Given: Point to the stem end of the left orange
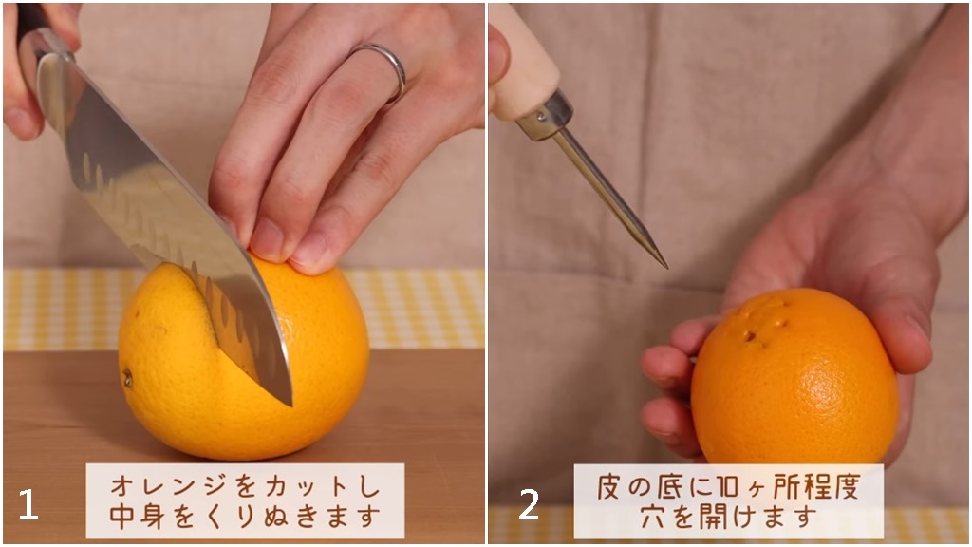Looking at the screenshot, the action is point(128,378).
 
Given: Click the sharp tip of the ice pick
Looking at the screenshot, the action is point(666,267).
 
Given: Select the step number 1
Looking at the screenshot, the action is point(28,505).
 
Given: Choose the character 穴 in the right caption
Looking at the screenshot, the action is point(653,516).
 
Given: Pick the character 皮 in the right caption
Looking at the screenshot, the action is point(610,487).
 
